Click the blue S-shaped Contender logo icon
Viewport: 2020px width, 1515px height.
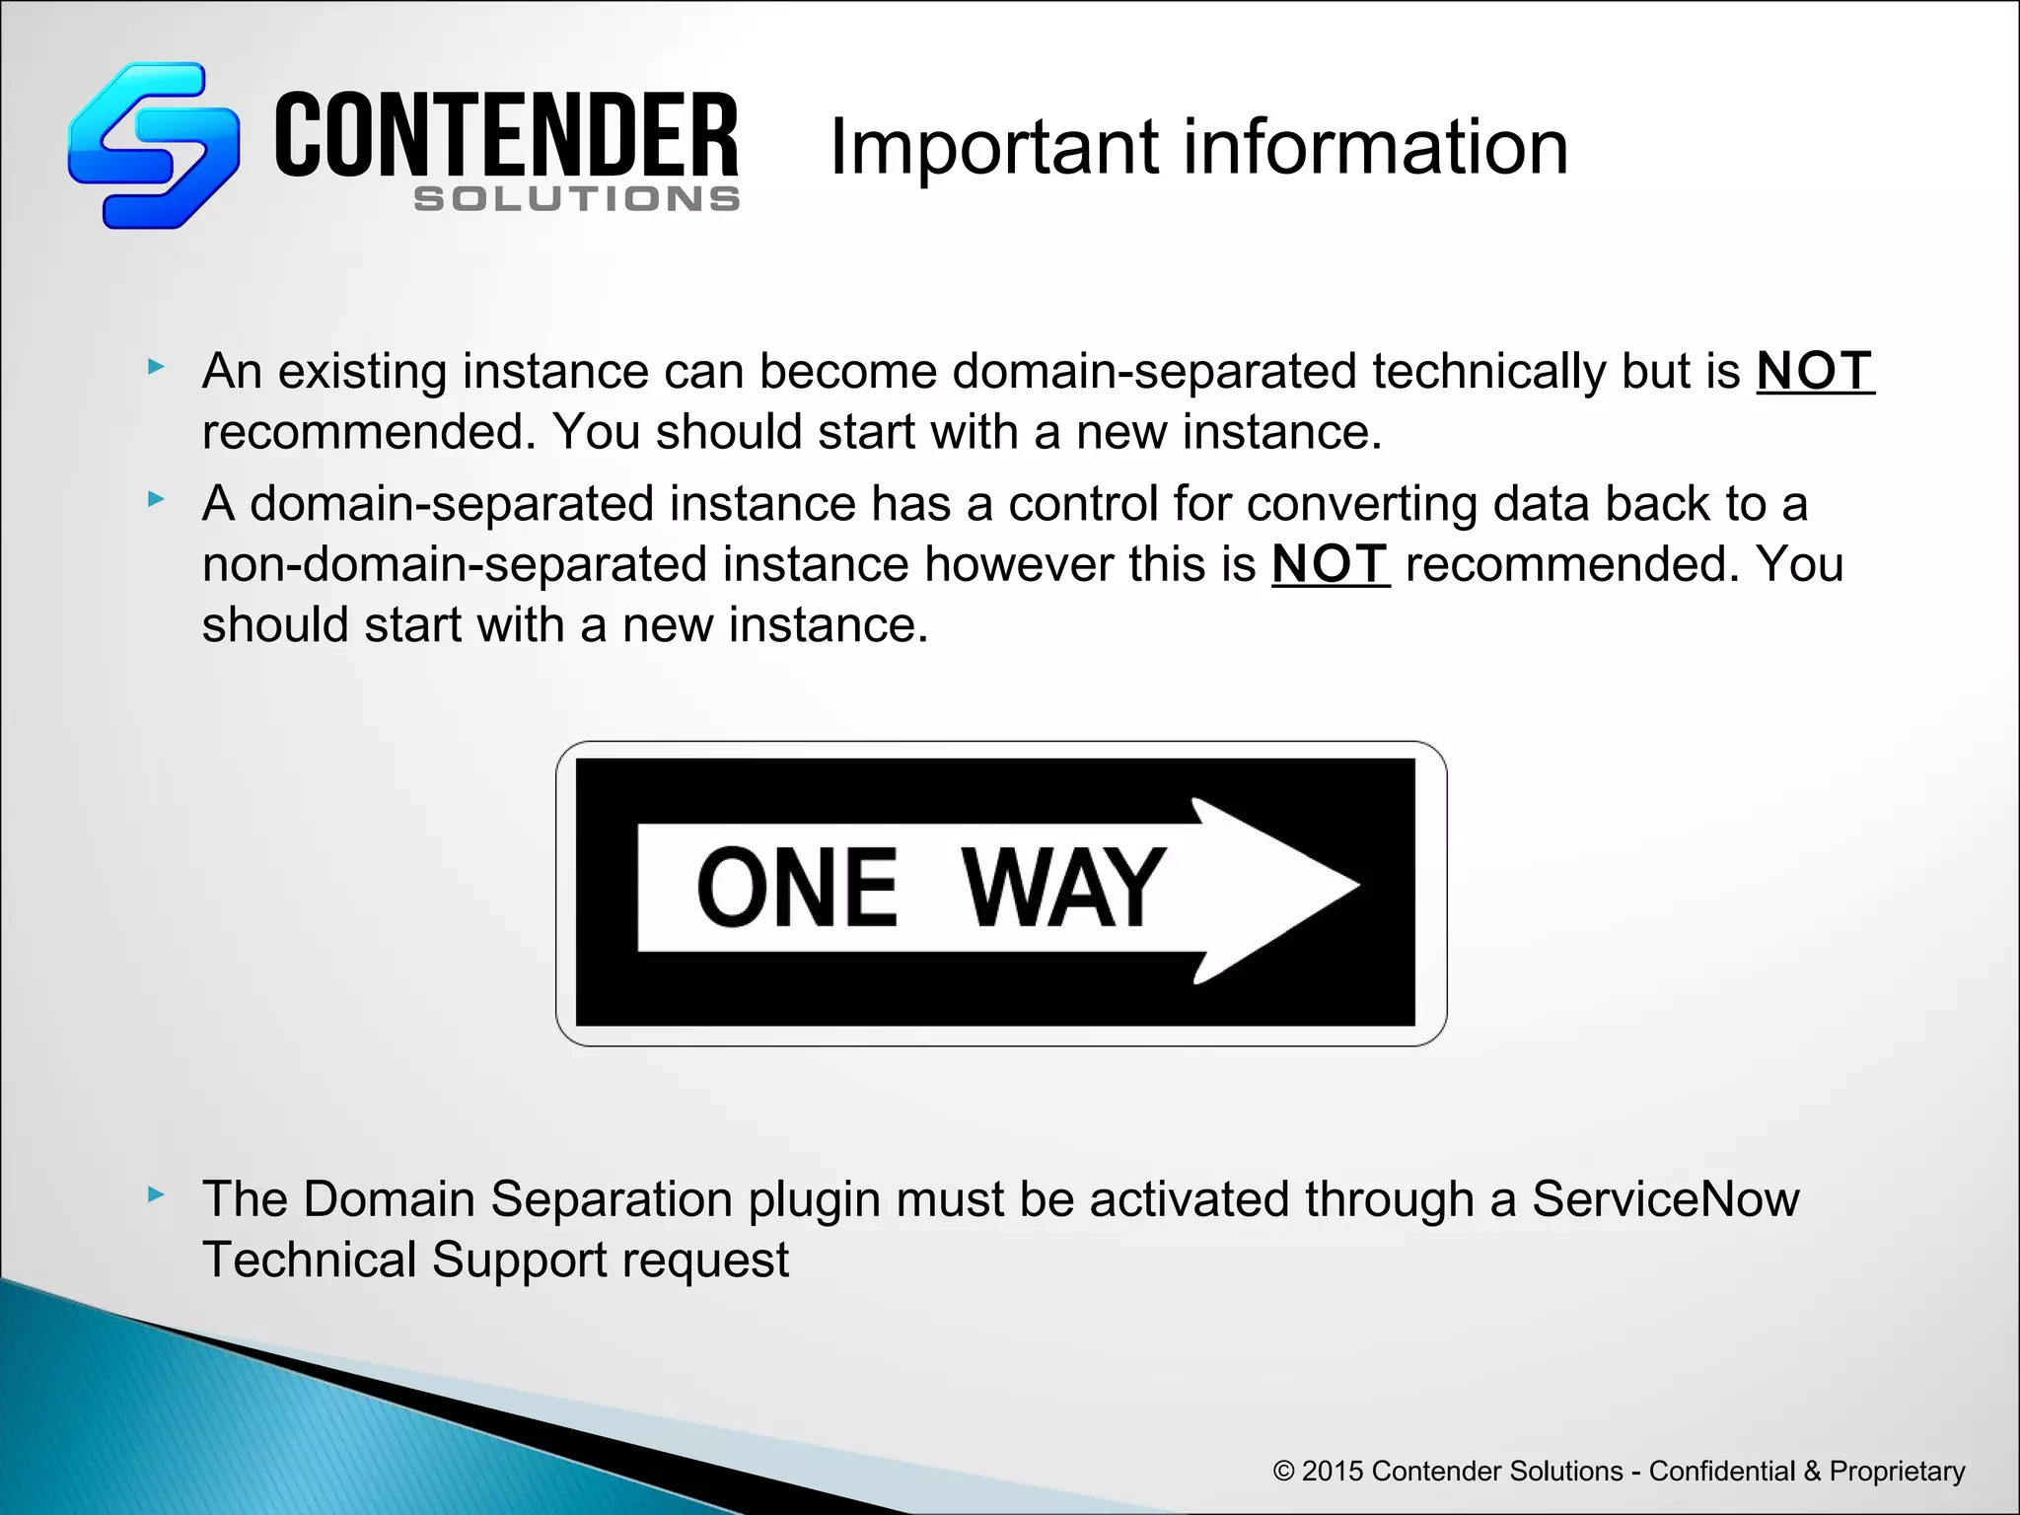(153, 145)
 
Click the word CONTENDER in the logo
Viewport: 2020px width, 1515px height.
(506, 136)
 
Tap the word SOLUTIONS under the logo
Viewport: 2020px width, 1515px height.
(577, 199)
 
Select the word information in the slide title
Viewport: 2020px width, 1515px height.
(1375, 147)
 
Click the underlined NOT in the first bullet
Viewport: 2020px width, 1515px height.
(1814, 372)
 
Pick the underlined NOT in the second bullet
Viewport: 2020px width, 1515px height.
(1330, 565)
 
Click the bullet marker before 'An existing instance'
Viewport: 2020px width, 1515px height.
(155, 367)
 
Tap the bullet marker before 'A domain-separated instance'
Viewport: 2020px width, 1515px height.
(155, 499)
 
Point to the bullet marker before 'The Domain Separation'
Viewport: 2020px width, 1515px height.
(155, 1194)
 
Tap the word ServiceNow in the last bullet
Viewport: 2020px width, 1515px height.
(1665, 1200)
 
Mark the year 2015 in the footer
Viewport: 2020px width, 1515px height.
(1332, 1471)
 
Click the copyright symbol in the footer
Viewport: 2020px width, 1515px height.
(1283, 1472)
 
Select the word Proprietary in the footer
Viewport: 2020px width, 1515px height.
(1897, 1472)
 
